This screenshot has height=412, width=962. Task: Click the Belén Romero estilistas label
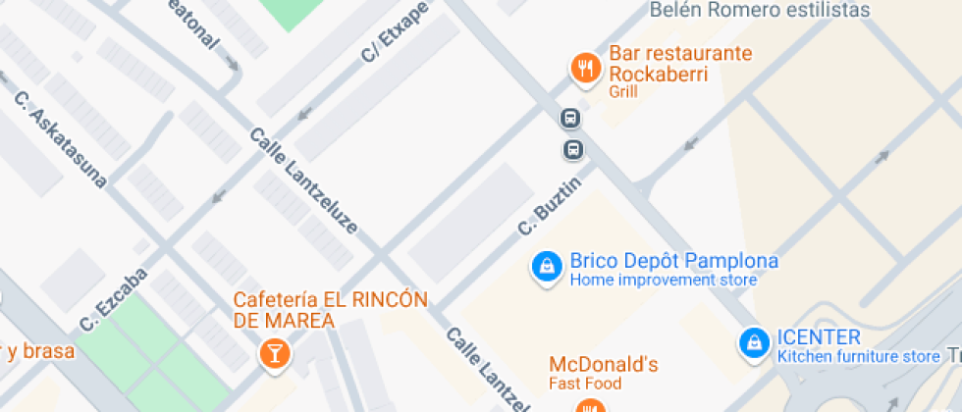pyautogui.click(x=760, y=10)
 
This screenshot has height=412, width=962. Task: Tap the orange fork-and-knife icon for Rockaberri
pyautogui.click(x=586, y=67)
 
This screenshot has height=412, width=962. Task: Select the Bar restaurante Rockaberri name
pyautogui.click(x=679, y=64)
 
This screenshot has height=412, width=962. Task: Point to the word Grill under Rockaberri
pyautogui.click(x=622, y=92)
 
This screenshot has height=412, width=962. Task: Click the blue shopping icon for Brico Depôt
pyautogui.click(x=545, y=266)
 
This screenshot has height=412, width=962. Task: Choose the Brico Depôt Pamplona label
pyautogui.click(x=673, y=262)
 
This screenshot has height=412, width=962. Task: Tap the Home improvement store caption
pyautogui.click(x=663, y=281)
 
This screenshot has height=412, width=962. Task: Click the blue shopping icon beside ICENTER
pyautogui.click(x=753, y=341)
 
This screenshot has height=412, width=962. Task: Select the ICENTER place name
pyautogui.click(x=818, y=337)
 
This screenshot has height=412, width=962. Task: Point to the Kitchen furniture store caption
pyautogui.click(x=858, y=356)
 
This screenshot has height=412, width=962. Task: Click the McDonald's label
pyautogui.click(x=603, y=365)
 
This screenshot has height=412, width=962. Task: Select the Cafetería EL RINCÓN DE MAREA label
pyautogui.click(x=330, y=310)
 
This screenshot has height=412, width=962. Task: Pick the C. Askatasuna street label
pyautogui.click(x=59, y=137)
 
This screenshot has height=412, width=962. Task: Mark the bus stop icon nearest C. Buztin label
pyautogui.click(x=573, y=150)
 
